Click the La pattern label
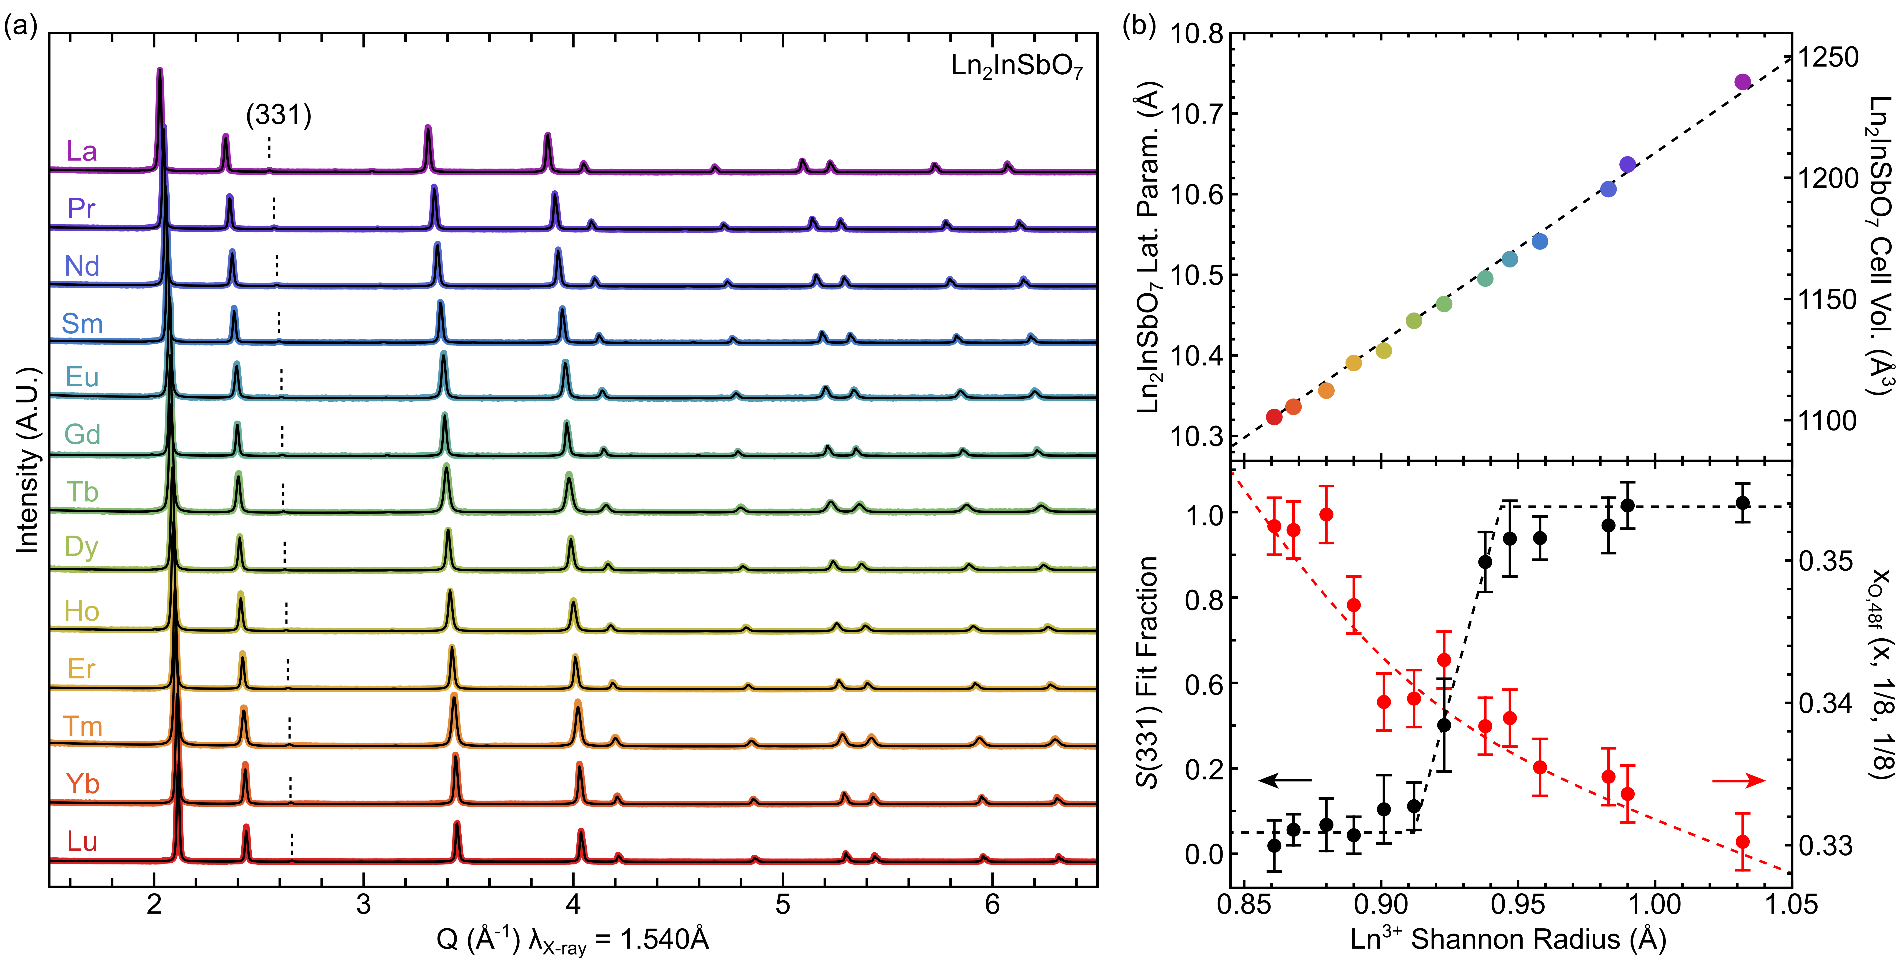tap(81, 151)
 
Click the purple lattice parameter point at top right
tap(1742, 82)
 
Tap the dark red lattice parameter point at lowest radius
tap(1274, 417)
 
